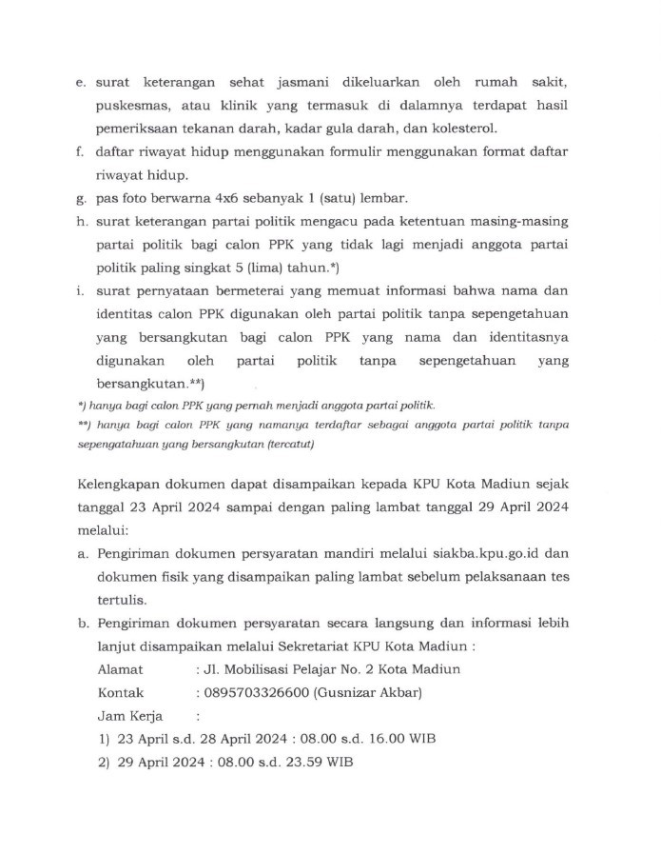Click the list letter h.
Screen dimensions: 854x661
(81, 222)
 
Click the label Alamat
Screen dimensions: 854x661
(120, 668)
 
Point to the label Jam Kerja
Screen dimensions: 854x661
(130, 715)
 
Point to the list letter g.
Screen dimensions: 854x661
(81, 198)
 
